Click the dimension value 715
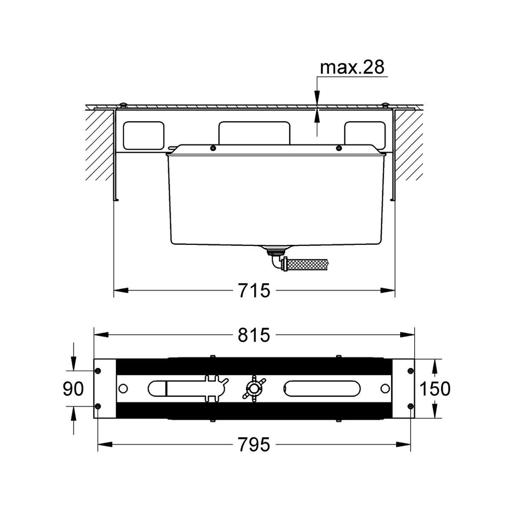click(254, 291)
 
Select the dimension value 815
click(254, 335)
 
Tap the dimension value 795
click(254, 444)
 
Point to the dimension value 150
click(435, 388)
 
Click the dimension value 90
click(73, 388)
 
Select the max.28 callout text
click(352, 67)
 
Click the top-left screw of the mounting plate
click(98, 371)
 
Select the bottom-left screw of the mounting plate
click(98, 406)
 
